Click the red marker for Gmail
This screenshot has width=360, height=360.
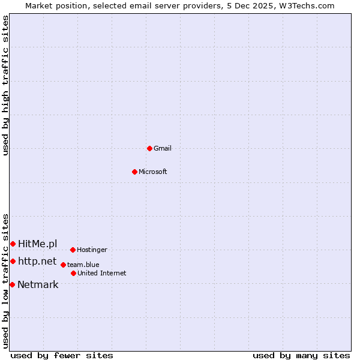(x=149, y=148)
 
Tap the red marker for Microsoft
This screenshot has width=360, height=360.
(x=134, y=172)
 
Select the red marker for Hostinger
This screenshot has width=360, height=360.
(x=73, y=250)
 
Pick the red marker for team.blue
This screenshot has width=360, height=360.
(x=63, y=265)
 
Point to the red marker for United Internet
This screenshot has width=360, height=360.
(x=73, y=273)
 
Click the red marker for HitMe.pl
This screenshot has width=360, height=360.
(x=13, y=244)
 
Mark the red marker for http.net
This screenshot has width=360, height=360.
(x=13, y=262)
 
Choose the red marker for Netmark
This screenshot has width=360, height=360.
(x=12, y=284)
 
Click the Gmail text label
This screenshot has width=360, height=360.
(x=163, y=148)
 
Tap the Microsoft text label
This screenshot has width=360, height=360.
(x=153, y=172)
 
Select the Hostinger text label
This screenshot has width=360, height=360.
(x=92, y=250)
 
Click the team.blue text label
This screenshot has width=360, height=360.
(x=83, y=265)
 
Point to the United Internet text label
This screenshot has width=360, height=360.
(x=102, y=273)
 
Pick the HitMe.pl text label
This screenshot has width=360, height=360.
(x=38, y=244)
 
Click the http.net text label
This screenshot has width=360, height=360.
(x=37, y=262)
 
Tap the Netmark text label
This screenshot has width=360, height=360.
(x=38, y=284)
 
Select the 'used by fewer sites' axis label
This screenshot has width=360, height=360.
(x=62, y=355)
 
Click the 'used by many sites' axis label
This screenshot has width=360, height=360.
(x=301, y=355)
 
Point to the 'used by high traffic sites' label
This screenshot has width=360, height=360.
(x=6, y=85)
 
